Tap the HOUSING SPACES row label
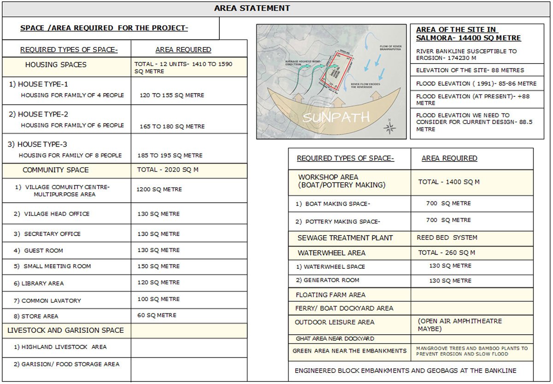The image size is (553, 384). pos(56,65)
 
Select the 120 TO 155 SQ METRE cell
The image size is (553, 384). pos(172,95)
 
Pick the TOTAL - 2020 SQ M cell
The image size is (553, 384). pos(168,170)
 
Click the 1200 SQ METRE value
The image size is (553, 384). pos(159,189)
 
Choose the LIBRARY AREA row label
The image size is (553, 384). pos(42,284)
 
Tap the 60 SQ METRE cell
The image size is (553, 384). pos(157,316)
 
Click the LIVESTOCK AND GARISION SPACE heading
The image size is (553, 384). pos(65,331)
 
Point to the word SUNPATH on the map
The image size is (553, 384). pos(336,117)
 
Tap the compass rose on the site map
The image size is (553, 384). pos(389,128)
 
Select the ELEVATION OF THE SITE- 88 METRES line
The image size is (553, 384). pos(470,71)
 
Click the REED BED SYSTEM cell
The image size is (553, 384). pos(447,238)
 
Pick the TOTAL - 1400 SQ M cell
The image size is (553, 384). pos(449,182)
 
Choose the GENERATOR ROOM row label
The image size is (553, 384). pos(327,280)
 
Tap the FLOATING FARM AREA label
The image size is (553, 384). pos(330,295)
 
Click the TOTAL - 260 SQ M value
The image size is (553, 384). pos(447,253)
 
